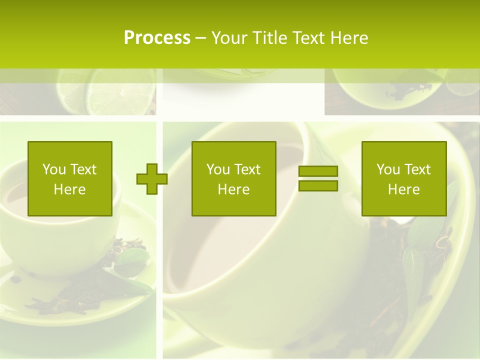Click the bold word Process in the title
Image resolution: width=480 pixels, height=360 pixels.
point(157,38)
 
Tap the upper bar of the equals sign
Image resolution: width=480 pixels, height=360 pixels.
point(318,171)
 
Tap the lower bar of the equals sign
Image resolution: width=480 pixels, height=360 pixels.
point(318,186)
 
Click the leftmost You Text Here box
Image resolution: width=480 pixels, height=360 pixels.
point(69,178)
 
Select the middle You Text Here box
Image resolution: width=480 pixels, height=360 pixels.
point(233,178)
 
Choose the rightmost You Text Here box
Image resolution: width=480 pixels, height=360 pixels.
point(403,178)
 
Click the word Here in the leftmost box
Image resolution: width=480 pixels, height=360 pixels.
point(69,189)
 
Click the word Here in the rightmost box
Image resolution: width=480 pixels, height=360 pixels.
point(403,189)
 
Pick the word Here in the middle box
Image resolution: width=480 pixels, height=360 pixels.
point(233,189)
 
